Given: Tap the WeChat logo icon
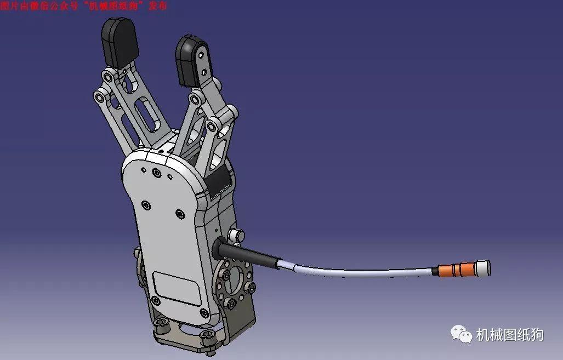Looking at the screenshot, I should [462, 333].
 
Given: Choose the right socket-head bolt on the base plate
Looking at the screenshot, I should [207, 335].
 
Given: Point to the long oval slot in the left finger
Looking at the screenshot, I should [146, 115].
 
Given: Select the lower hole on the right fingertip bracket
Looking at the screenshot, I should [206, 71].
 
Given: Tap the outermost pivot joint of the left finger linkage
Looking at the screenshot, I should [100, 98].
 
